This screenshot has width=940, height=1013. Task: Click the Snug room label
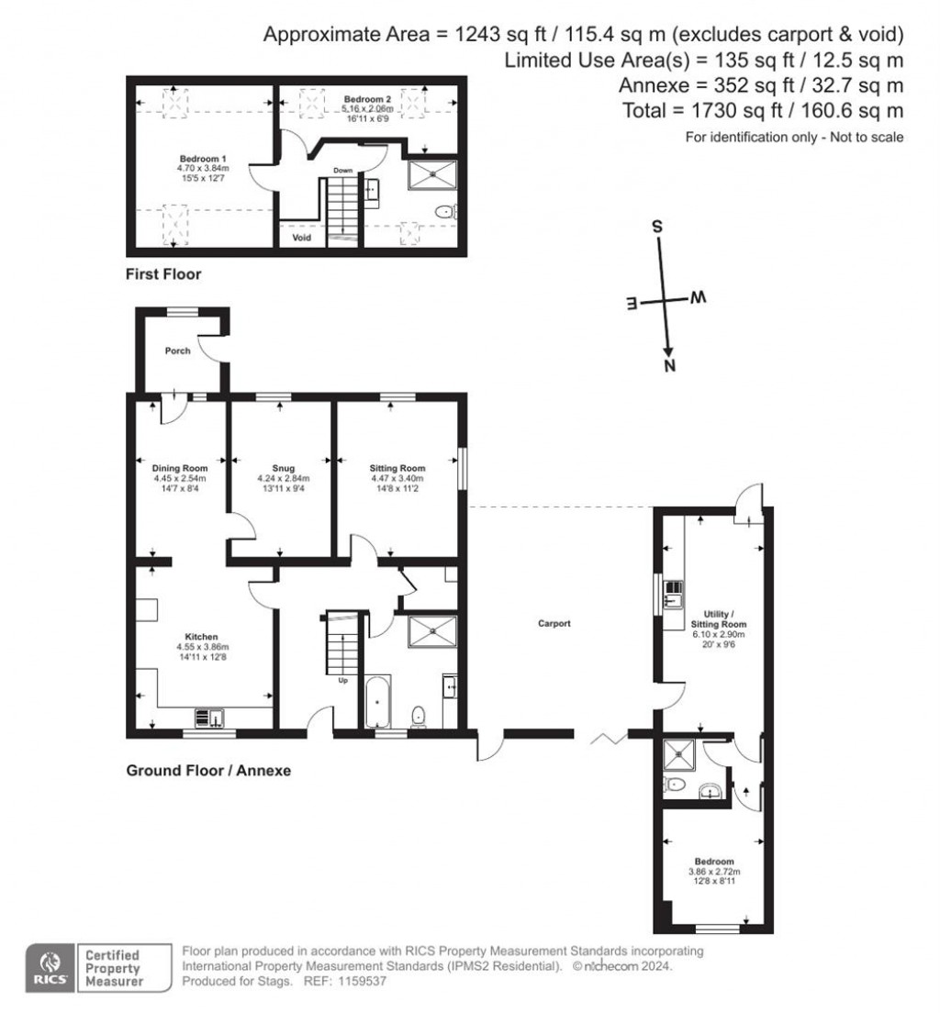click(279, 468)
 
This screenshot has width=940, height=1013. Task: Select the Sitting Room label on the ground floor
click(397, 468)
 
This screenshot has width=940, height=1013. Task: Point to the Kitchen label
click(201, 637)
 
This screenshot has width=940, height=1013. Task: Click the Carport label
click(554, 624)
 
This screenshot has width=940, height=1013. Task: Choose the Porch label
click(177, 351)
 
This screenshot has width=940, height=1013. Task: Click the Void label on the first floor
click(302, 238)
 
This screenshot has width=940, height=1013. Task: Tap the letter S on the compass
click(656, 226)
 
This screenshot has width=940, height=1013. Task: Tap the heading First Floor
click(162, 274)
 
